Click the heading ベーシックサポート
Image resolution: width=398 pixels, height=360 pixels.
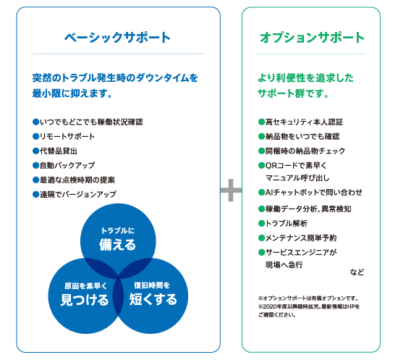coord(117,38)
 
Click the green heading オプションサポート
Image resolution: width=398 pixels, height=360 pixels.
coord(312,38)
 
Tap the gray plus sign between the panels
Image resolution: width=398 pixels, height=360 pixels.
coord(231,190)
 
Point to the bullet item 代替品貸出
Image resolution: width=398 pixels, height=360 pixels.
coord(55,151)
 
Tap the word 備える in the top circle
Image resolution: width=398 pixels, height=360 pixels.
coord(117,245)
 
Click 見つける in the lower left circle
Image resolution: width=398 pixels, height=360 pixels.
coord(85,300)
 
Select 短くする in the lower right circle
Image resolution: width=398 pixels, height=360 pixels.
coord(153,299)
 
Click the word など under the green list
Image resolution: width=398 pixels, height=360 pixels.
coord(357,272)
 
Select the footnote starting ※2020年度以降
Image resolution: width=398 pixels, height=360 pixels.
coord(309,311)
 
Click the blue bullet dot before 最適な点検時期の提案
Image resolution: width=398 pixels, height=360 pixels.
coord(35,180)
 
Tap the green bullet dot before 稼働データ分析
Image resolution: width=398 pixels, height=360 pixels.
coord(261,209)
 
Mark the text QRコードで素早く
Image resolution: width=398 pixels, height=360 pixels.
coord(296,165)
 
